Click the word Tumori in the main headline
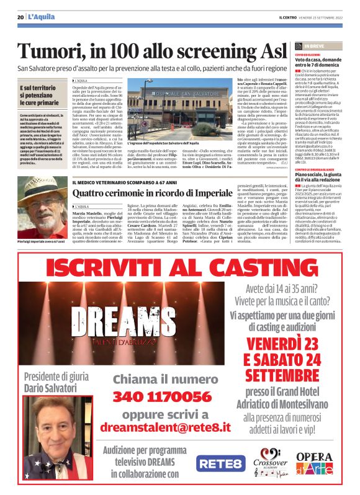pyautogui.click(x=55, y=51)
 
